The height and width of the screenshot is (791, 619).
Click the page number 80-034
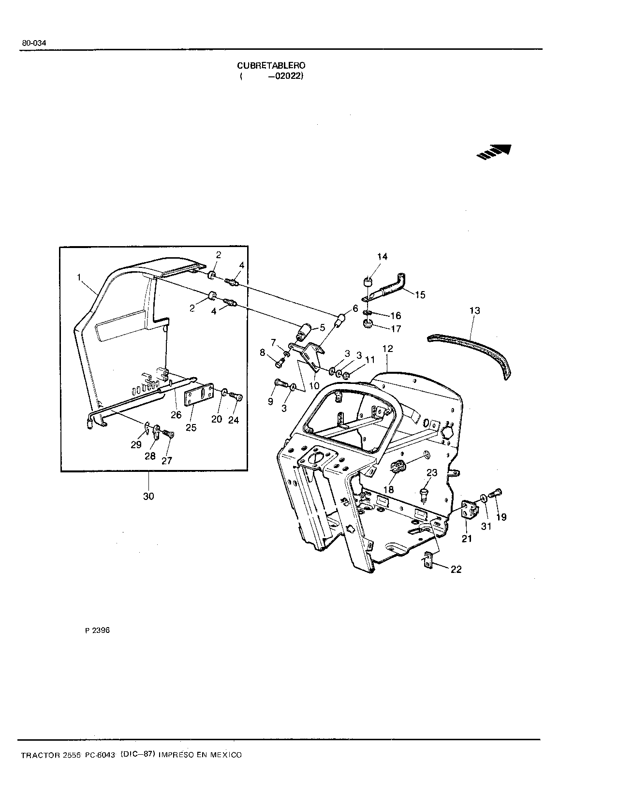tap(34, 43)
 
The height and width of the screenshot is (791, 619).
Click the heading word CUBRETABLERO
tap(271, 66)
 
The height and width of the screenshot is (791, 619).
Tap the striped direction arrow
tap(494, 151)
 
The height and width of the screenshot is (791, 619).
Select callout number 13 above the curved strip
tap(474, 310)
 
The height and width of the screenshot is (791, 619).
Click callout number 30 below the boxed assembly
tap(148, 496)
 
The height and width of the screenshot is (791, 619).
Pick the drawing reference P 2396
tap(98, 630)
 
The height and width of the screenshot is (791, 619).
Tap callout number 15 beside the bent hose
tap(420, 295)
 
